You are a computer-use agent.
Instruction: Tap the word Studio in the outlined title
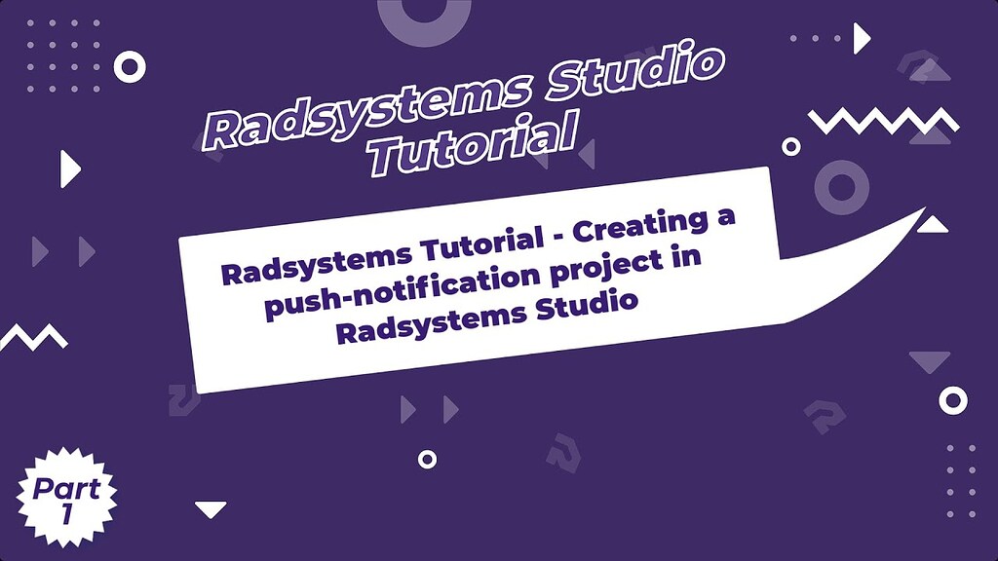pyautogui.click(x=628, y=76)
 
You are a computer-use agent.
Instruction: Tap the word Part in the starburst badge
pyautogui.click(x=66, y=487)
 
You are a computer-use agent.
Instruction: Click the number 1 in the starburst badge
pyautogui.click(x=66, y=515)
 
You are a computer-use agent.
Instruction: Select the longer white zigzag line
pyautogui.click(x=884, y=122)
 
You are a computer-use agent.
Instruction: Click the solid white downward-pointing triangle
pyautogui.click(x=211, y=509)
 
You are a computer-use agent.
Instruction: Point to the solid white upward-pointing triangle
pyautogui.click(x=933, y=225)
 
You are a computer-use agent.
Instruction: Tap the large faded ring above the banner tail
pyautogui.click(x=840, y=187)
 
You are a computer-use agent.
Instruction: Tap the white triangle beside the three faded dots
pyautogui.click(x=861, y=39)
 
